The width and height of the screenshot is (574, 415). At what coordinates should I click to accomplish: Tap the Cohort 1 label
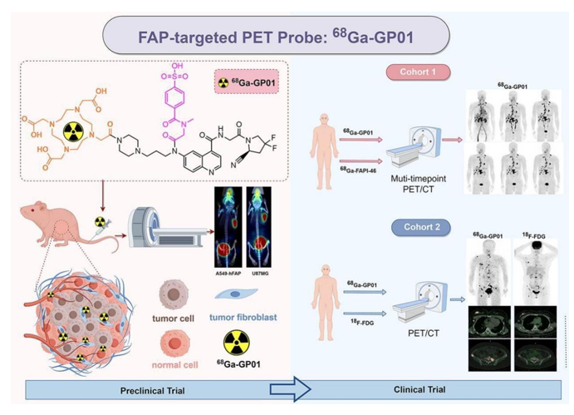pyautogui.click(x=423, y=72)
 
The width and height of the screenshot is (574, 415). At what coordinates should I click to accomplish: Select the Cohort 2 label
pyautogui.click(x=424, y=227)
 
